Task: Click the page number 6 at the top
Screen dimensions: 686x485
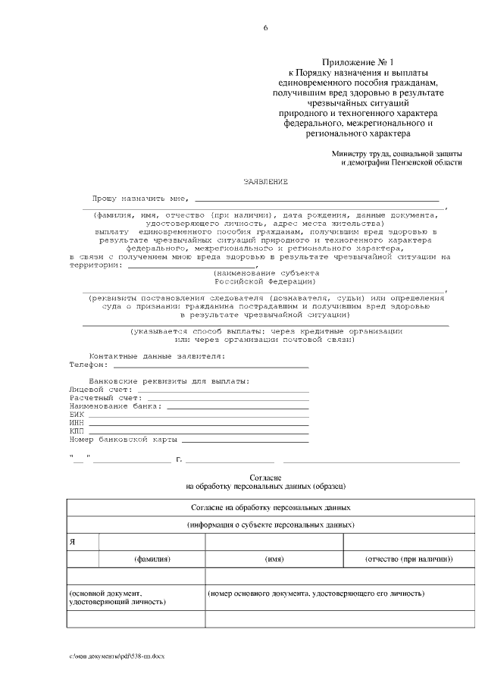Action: coord(265,28)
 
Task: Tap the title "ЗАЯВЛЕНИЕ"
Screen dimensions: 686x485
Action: coord(265,183)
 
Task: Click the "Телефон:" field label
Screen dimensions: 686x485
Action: coord(89,365)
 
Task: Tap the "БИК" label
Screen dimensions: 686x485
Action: coord(77,415)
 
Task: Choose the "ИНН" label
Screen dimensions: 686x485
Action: coord(77,423)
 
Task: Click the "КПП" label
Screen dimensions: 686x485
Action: coord(77,431)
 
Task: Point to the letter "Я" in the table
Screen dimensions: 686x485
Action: coord(72,543)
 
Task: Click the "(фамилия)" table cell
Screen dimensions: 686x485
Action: coord(152,559)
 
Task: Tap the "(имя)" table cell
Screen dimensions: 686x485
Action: coord(274,559)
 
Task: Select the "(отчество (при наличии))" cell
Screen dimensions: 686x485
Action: coord(408,559)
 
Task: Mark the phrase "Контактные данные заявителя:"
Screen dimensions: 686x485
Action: coord(157,356)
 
